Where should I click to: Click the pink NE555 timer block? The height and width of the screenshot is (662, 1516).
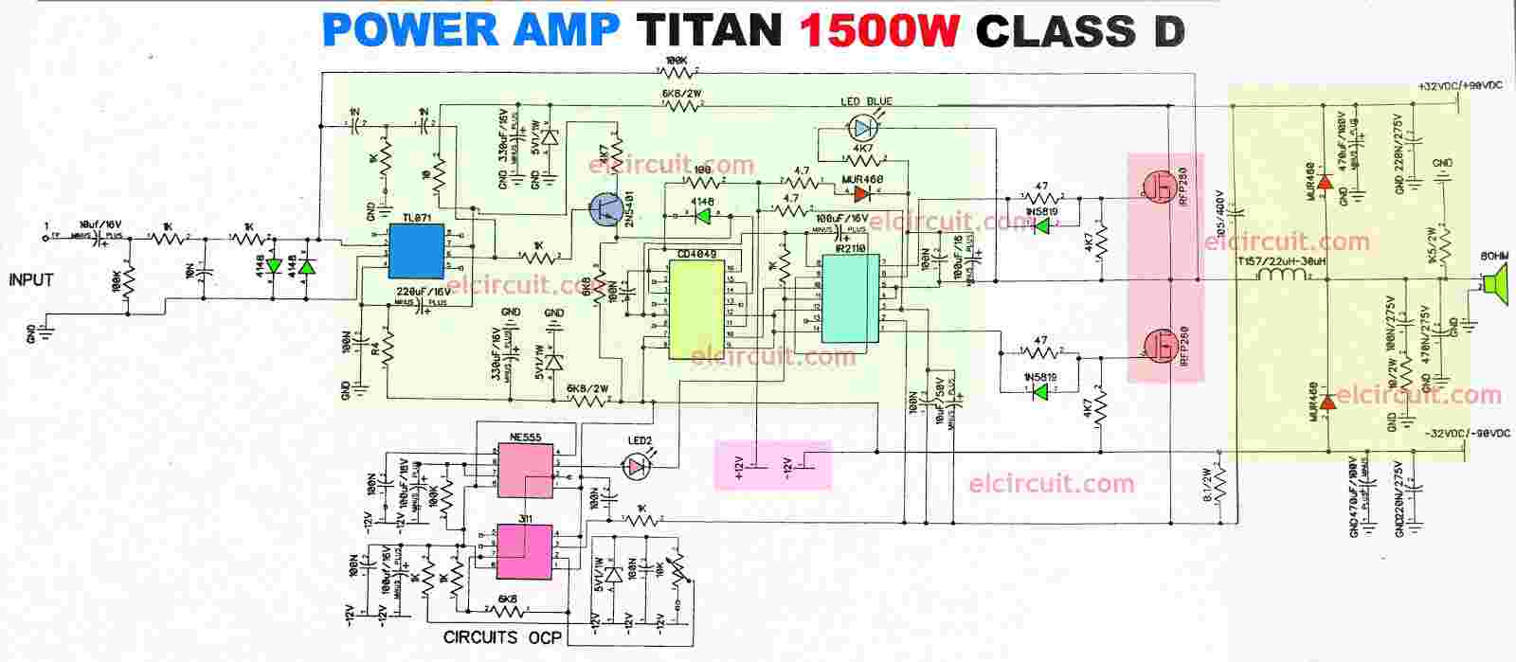point(526,466)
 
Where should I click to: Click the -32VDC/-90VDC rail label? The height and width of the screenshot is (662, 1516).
point(1463,433)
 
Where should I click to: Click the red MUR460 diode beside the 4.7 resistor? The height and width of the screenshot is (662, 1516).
point(861,194)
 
